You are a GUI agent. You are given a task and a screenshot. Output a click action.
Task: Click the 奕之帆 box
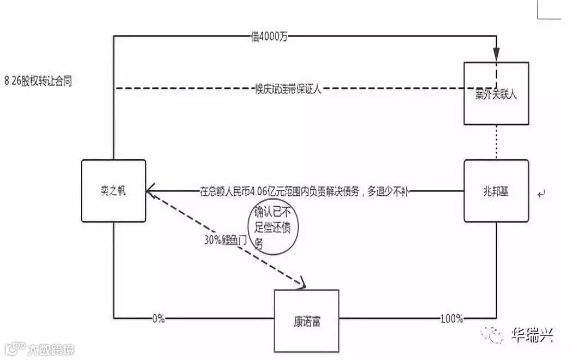114,190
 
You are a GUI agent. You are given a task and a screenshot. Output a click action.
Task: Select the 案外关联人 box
496,93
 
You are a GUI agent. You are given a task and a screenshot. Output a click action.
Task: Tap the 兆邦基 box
496,191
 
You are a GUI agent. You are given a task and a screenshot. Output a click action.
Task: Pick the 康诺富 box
306,320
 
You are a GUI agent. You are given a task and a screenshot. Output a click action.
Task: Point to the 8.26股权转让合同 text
38,82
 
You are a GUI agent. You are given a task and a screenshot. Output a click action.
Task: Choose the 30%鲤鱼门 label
225,239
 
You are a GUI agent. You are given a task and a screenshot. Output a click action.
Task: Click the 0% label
158,318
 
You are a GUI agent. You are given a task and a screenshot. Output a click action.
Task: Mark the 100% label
451,318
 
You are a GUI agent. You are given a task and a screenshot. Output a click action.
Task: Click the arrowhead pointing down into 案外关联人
497,55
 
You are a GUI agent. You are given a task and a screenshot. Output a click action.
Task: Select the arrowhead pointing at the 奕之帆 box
152,191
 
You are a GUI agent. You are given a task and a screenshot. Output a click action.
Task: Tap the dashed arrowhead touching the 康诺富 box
301,283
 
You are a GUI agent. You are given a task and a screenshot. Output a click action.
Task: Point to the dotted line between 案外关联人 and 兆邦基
496,142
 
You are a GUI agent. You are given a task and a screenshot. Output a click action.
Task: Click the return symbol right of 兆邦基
541,193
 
